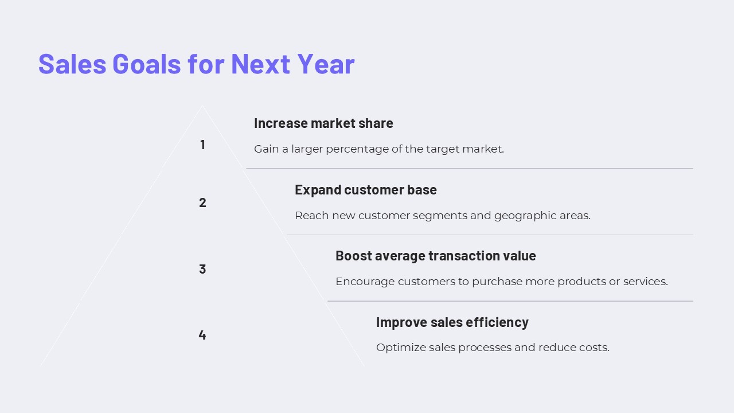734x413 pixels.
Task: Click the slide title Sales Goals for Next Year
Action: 197,64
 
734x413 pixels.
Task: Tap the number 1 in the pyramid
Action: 202,145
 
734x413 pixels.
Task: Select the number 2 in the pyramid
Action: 202,202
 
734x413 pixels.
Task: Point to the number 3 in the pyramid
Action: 202,269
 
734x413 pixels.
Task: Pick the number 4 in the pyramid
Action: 202,334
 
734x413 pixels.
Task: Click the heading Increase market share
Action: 323,123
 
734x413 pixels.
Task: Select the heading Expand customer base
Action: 366,190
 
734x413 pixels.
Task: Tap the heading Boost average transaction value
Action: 435,256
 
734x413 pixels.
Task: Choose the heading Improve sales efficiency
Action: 452,322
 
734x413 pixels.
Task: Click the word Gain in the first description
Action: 267,149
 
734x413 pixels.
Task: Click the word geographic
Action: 525,216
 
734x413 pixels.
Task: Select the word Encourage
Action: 365,282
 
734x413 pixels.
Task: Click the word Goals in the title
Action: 146,64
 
